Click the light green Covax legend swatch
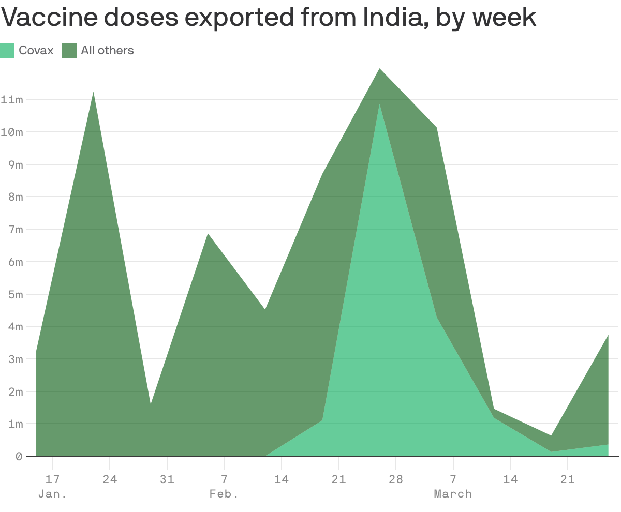[x=7, y=50]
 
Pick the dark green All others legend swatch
[x=69, y=50]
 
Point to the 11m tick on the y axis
[x=12, y=99]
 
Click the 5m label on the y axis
[x=12, y=294]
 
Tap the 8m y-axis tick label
[x=12, y=197]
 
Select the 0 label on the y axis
[x=19, y=457]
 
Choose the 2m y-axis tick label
[x=12, y=391]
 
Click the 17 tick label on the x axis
[x=52, y=479]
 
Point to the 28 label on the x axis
[x=396, y=479]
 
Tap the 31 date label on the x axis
[x=167, y=479]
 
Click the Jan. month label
[x=52, y=494]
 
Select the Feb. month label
[x=224, y=494]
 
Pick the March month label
[x=453, y=494]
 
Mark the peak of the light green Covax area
[x=380, y=104]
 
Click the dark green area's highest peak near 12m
[x=380, y=69]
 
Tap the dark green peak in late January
[x=93, y=93]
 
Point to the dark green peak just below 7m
[x=208, y=235]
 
